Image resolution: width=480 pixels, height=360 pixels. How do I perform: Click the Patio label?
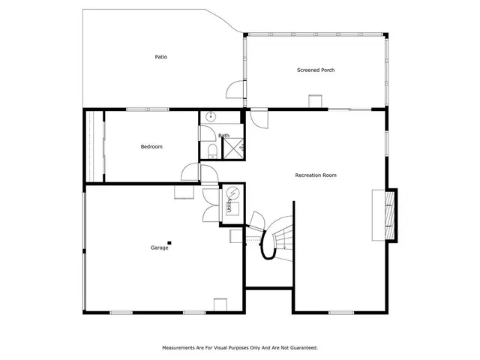coord(160,57)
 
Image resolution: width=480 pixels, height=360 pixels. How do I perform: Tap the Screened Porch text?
coord(316,70)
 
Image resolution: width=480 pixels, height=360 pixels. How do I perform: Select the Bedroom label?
coord(151,146)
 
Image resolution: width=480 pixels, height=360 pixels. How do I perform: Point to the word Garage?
coord(159,247)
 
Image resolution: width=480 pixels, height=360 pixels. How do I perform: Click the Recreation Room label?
coord(316,175)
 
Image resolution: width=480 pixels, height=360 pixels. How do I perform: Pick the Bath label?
coord(223,136)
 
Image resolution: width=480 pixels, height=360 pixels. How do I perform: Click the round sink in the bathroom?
coord(211,117)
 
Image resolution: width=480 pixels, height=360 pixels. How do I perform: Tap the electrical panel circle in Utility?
coord(232,193)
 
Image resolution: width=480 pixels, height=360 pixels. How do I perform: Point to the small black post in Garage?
coord(170,241)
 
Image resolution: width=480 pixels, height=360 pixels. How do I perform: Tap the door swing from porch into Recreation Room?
coord(259,118)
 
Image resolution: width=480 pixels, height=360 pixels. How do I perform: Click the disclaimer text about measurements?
coord(240,347)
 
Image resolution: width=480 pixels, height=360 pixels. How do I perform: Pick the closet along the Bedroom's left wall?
coord(94,146)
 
